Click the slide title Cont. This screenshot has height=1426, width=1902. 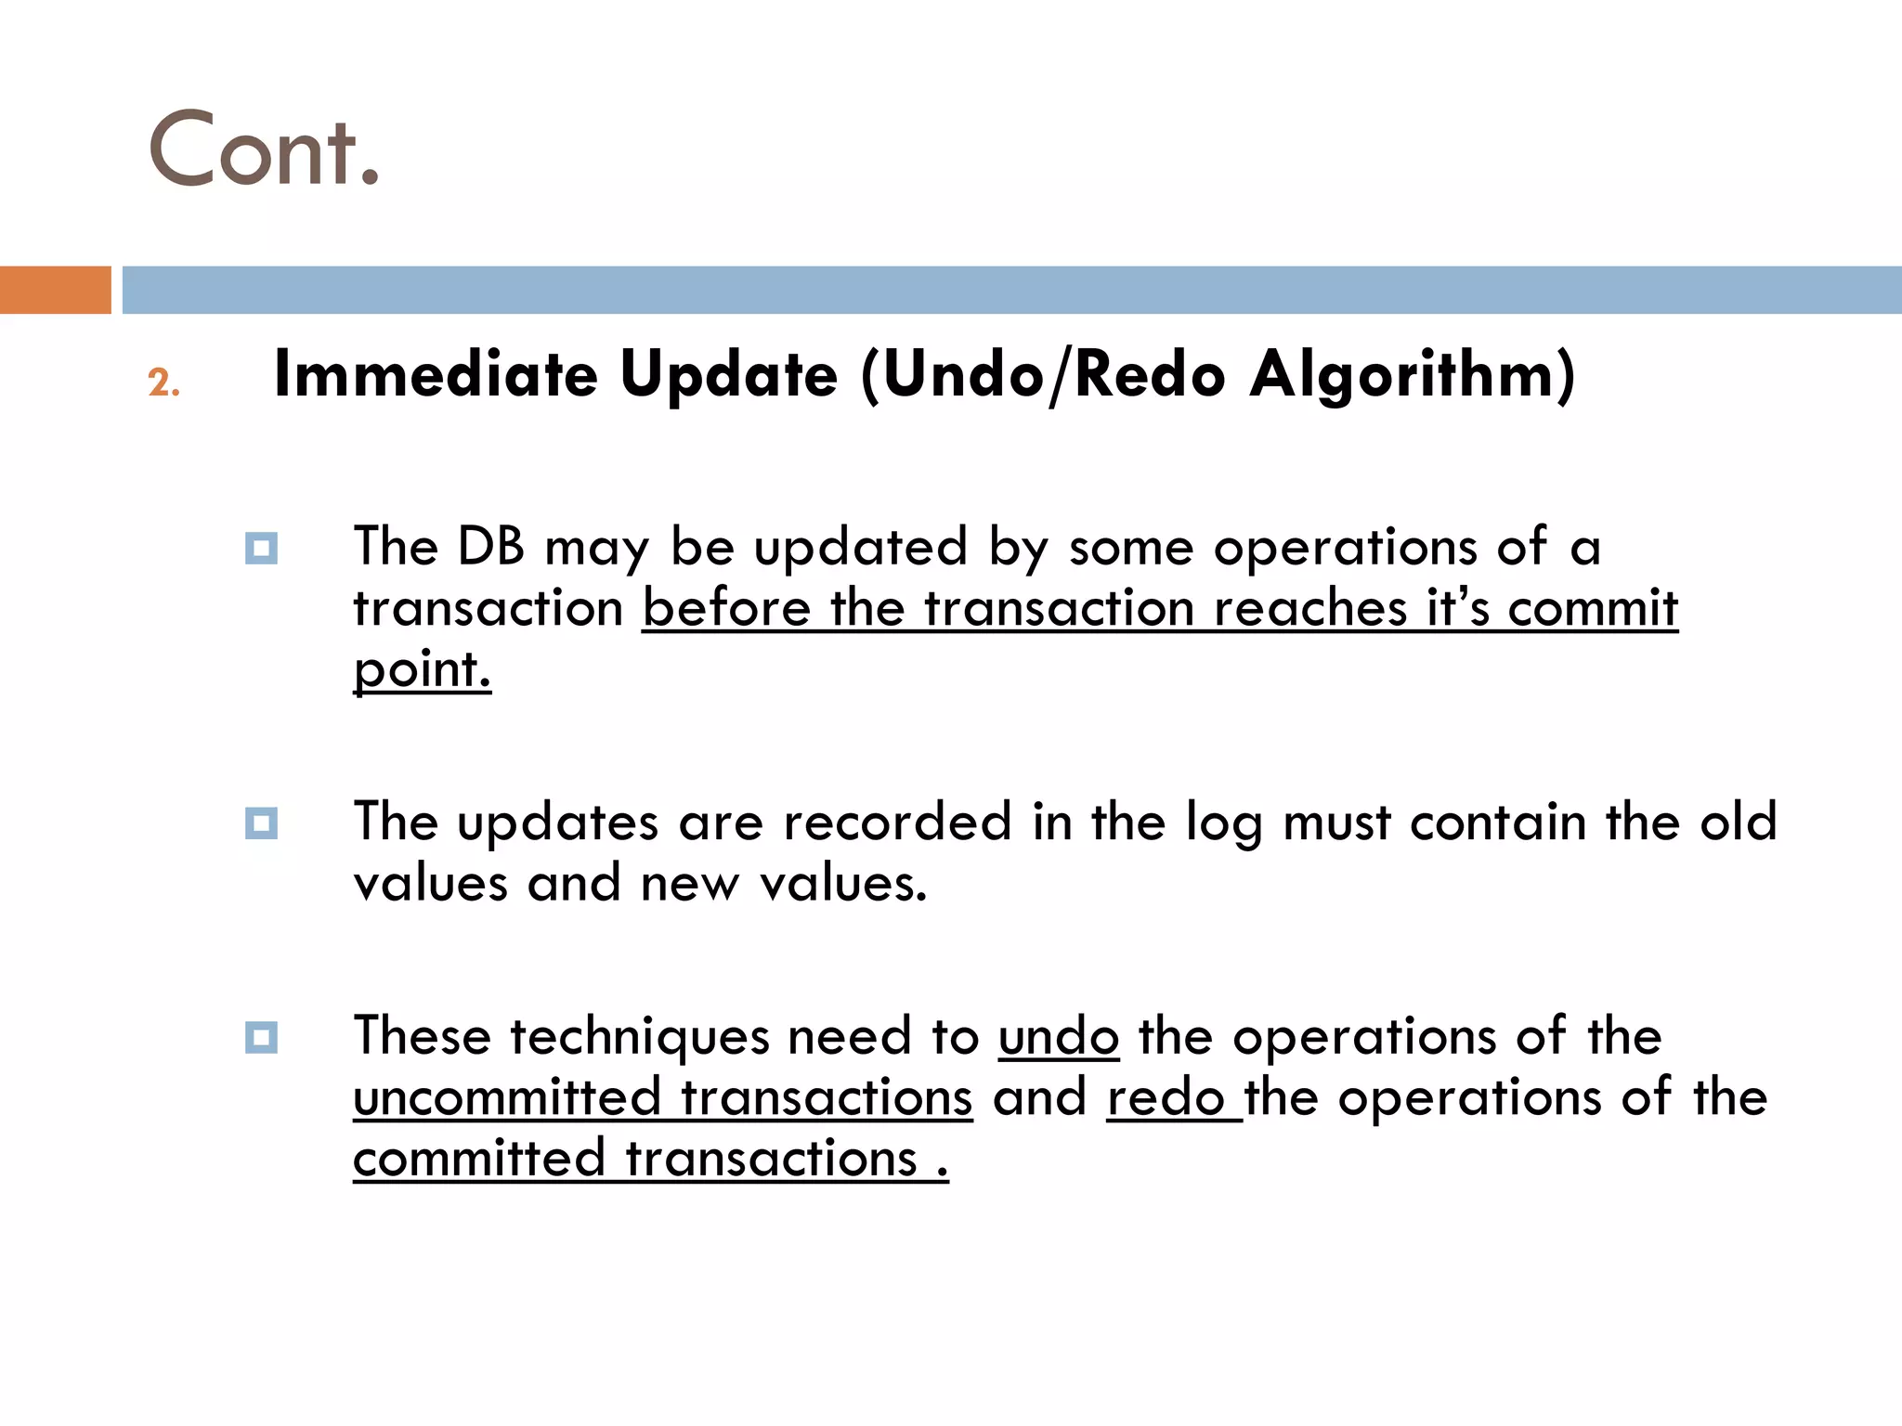point(264,149)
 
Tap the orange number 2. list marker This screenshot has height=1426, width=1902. point(163,383)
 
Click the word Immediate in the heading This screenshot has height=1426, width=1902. point(436,375)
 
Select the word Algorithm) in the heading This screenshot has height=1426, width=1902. point(1413,375)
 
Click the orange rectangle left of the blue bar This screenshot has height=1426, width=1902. point(55,290)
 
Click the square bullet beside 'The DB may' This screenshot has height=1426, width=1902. point(261,548)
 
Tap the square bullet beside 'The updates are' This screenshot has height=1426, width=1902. point(261,823)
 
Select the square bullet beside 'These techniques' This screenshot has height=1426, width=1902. point(261,1037)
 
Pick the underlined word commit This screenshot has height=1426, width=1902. point(1592,609)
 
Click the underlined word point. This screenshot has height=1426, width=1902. point(422,669)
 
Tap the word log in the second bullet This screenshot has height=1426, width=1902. point(1223,823)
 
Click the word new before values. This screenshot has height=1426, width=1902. point(690,883)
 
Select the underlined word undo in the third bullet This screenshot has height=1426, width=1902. point(1059,1037)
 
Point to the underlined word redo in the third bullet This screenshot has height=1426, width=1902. point(1165,1098)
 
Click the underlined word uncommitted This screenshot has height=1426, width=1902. point(506,1098)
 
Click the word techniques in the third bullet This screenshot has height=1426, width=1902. point(640,1037)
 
